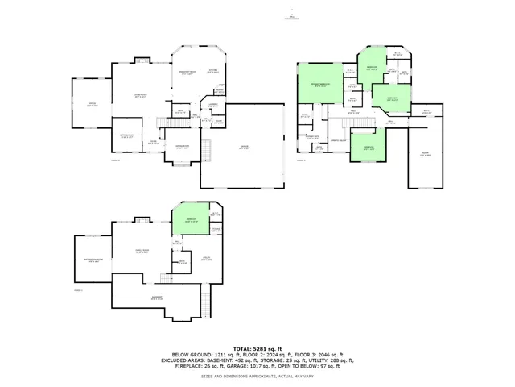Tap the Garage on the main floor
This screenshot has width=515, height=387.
click(x=244, y=146)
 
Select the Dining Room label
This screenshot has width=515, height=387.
click(x=183, y=147)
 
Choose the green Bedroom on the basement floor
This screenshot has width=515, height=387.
click(x=191, y=219)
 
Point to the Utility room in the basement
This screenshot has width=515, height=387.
click(x=207, y=258)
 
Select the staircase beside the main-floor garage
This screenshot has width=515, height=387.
click(x=207, y=150)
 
